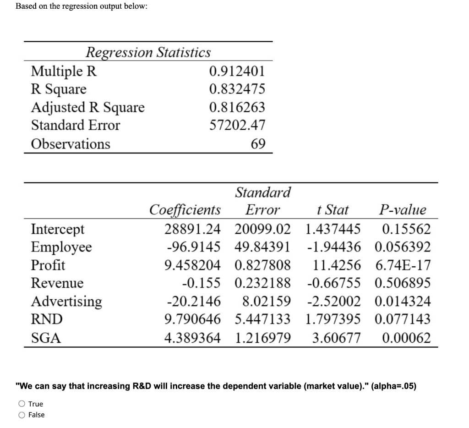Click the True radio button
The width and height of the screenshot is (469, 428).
click(22, 404)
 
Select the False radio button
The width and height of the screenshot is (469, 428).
click(22, 415)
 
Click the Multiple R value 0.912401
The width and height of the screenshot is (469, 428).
click(237, 71)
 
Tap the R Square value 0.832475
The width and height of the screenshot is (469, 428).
click(237, 89)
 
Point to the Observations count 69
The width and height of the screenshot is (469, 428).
click(258, 144)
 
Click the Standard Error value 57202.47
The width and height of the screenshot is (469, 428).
click(237, 125)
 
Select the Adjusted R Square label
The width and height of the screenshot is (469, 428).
click(87, 107)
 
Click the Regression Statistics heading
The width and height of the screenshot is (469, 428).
click(148, 52)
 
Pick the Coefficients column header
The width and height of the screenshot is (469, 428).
click(185, 210)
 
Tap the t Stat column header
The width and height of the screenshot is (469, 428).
click(333, 210)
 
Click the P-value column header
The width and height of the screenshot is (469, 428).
click(402, 210)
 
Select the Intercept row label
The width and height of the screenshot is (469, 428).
click(58, 229)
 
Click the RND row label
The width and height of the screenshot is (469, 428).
click(46, 319)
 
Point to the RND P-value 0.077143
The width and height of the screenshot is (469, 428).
click(402, 319)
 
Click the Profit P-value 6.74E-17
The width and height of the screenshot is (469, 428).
click(402, 265)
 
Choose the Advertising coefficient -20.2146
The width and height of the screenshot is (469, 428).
click(193, 301)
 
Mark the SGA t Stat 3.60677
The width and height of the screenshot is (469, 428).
click(336, 338)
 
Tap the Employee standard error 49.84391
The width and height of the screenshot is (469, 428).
click(262, 247)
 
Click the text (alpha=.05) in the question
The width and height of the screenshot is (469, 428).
click(394, 386)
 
